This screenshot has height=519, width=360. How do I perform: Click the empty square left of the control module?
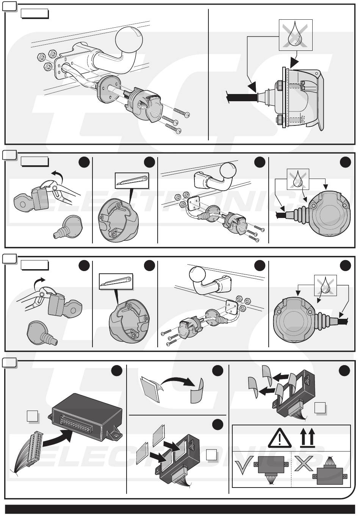[x=32, y=417]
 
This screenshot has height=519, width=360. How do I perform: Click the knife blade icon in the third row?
[x=116, y=281]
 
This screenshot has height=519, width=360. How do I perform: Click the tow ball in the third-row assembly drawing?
[x=198, y=275]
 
